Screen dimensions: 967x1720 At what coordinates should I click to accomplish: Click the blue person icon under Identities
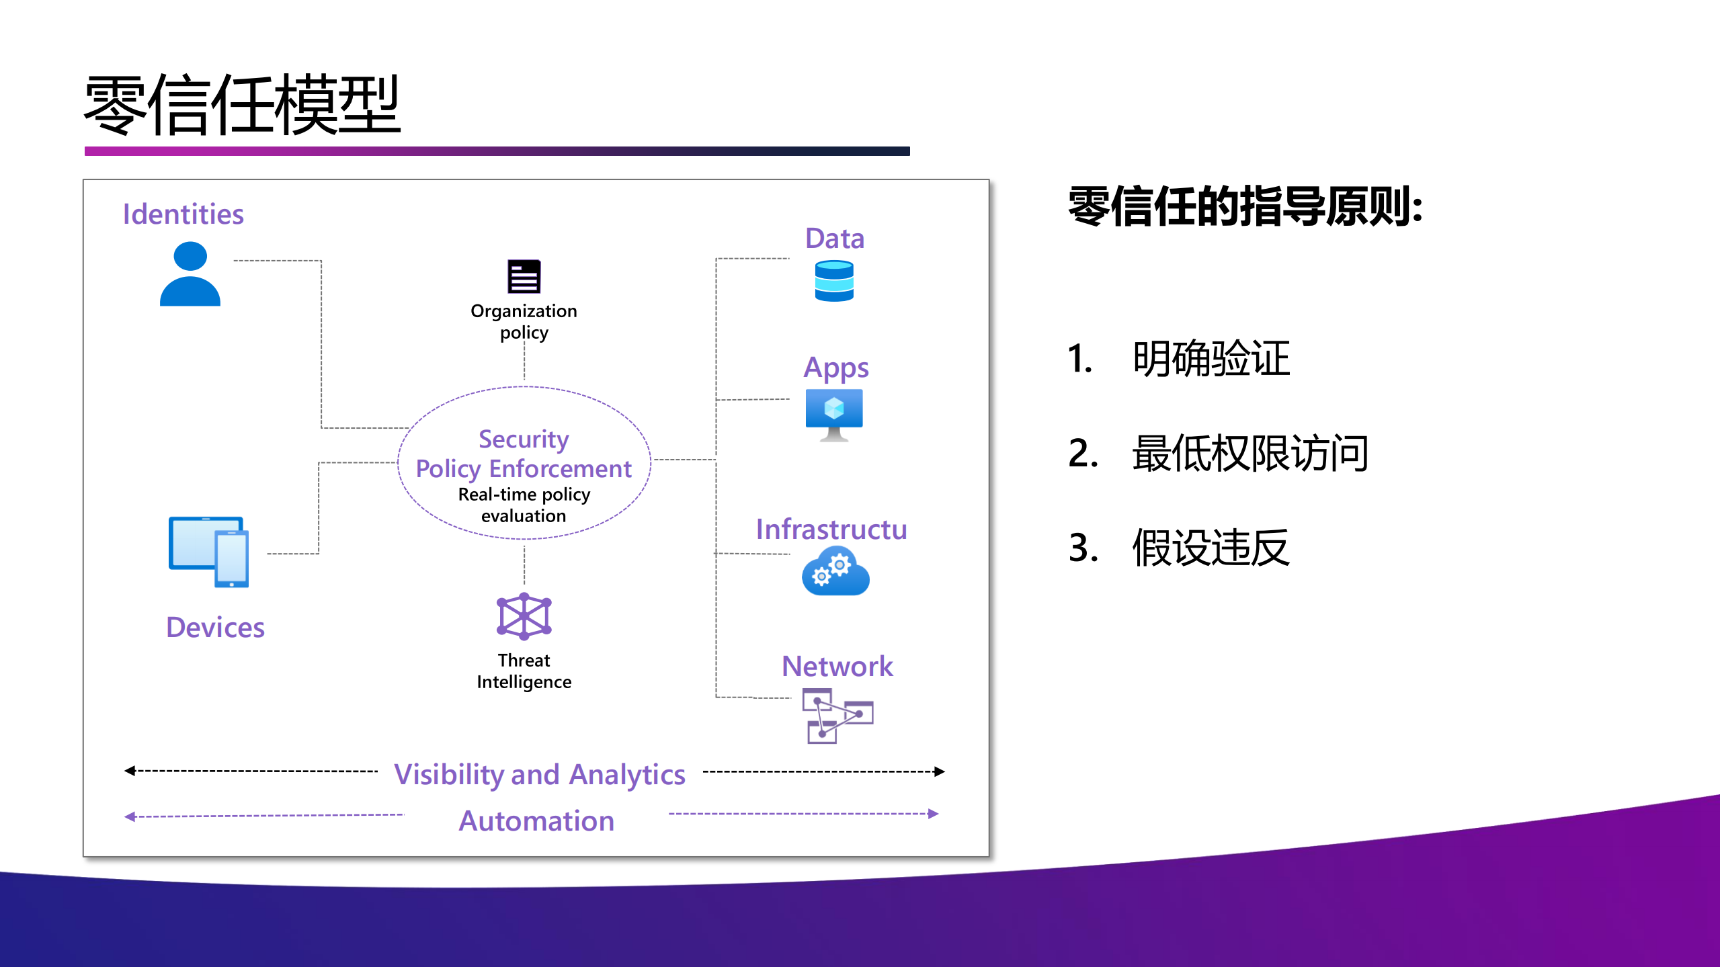(x=190, y=275)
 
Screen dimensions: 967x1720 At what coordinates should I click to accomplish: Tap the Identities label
(x=183, y=214)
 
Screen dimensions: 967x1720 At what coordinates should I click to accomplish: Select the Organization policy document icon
(x=524, y=276)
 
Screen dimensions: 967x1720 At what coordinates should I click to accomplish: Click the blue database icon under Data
(x=834, y=281)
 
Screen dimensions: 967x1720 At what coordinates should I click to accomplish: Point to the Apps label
(x=836, y=368)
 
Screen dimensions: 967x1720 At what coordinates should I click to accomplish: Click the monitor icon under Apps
(x=834, y=413)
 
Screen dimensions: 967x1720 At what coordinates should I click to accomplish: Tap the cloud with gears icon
(x=835, y=571)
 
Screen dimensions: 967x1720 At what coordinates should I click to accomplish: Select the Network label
(x=837, y=667)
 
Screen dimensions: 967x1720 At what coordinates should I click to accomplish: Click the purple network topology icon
(x=837, y=716)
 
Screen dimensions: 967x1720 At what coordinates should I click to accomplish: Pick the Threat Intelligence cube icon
(x=524, y=616)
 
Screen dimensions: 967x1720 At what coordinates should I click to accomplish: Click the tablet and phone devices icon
(x=209, y=552)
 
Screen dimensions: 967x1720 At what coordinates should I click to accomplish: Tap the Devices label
(x=215, y=628)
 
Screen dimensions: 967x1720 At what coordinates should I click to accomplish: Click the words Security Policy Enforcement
(x=524, y=454)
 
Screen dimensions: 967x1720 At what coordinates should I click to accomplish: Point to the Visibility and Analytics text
(x=539, y=775)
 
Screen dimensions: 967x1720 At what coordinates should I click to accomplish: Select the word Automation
(x=536, y=821)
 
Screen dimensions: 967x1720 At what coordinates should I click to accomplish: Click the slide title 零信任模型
(x=242, y=106)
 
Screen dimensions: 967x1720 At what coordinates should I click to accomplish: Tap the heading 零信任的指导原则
(x=1245, y=206)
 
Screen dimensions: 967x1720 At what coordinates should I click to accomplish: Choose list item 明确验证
(x=1211, y=359)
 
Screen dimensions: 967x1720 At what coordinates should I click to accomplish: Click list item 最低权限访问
(x=1250, y=454)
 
